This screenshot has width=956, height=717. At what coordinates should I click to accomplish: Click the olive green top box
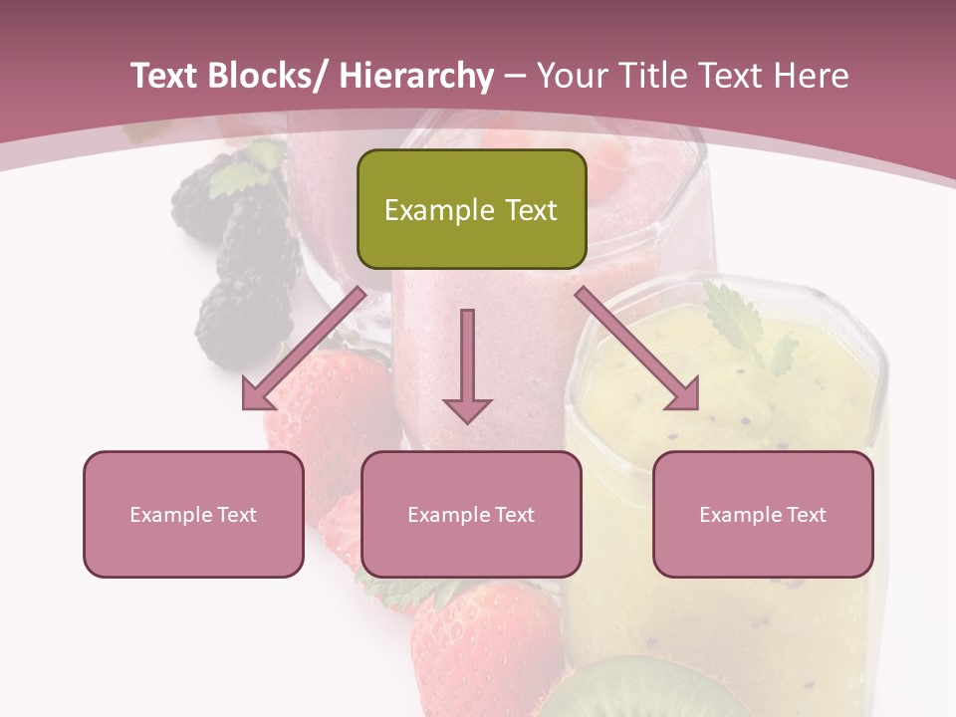[x=471, y=209]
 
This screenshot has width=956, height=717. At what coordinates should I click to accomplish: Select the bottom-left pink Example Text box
[x=193, y=514]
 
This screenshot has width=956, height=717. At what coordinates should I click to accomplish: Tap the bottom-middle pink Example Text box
[x=471, y=514]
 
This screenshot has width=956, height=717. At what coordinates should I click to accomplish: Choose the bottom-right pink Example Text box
[x=763, y=514]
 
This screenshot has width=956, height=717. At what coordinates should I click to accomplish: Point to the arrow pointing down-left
[x=303, y=350]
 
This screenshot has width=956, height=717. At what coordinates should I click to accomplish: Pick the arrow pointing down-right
[x=638, y=350]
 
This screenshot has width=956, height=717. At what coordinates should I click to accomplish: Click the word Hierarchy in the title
[x=415, y=76]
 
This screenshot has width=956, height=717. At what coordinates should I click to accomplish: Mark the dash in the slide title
[x=515, y=76]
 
